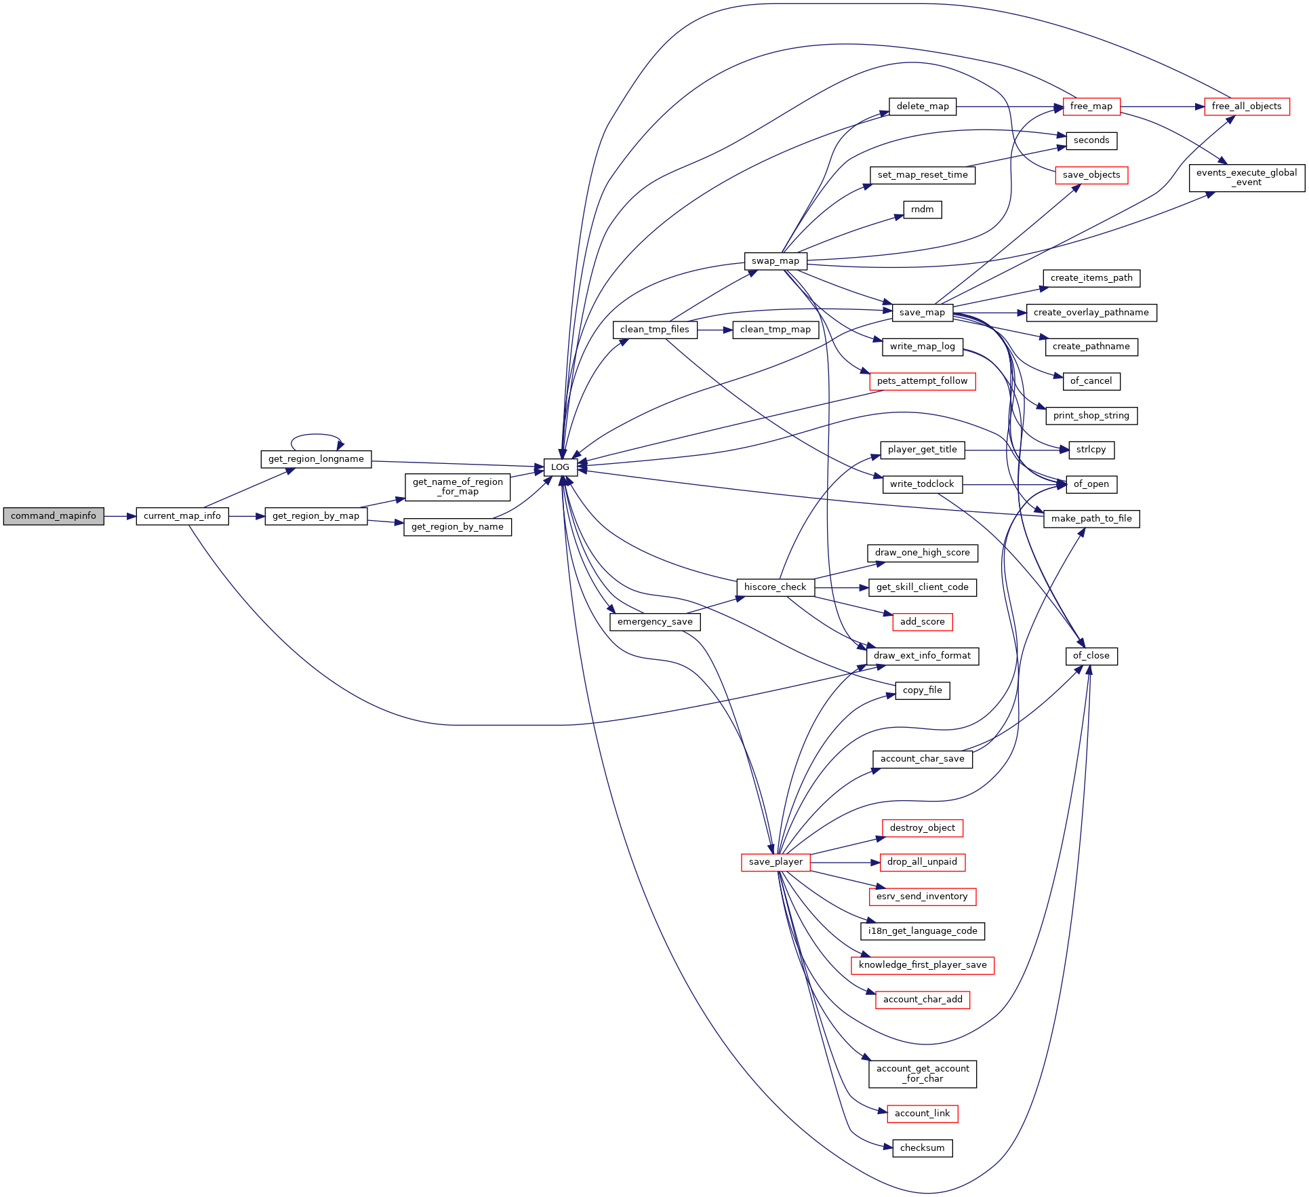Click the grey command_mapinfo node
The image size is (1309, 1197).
pyautogui.click(x=54, y=516)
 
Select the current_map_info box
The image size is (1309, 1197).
pyautogui.click(x=182, y=516)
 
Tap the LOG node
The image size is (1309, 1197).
pyautogui.click(x=561, y=467)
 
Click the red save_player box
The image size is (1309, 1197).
pyautogui.click(x=776, y=862)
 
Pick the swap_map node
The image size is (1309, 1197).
pyautogui.click(x=776, y=261)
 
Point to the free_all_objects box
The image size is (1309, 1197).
pyautogui.click(x=1247, y=106)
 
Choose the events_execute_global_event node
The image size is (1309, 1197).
pyautogui.click(x=1247, y=178)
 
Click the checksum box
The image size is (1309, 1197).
pyautogui.click(x=923, y=1148)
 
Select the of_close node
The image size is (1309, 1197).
pyautogui.click(x=1091, y=656)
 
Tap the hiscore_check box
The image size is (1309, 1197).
pyautogui.click(x=776, y=587)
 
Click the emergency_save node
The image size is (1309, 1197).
pyautogui.click(x=655, y=622)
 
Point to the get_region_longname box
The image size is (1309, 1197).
pyautogui.click(x=316, y=459)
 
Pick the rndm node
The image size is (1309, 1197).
pyautogui.click(x=923, y=210)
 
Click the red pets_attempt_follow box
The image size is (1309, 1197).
pyautogui.click(x=923, y=381)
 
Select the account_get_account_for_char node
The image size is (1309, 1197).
pyautogui.click(x=923, y=1074)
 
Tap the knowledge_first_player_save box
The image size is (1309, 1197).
pyautogui.click(x=923, y=965)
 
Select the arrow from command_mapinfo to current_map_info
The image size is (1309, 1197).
pyautogui.click(x=120, y=516)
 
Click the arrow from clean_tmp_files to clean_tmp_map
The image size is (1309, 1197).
pyautogui.click(x=715, y=330)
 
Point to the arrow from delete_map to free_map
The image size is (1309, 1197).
pyautogui.click(x=1009, y=106)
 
